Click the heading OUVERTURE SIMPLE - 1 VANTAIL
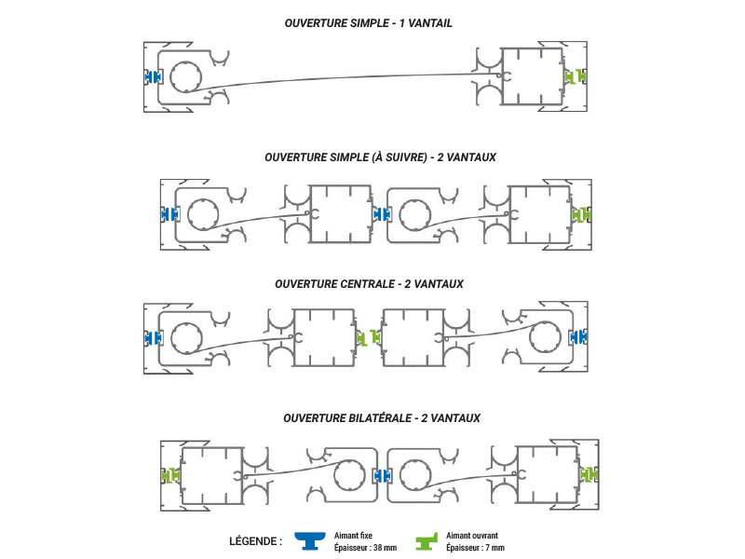(x=368, y=23)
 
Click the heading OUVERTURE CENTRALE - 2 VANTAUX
(x=369, y=284)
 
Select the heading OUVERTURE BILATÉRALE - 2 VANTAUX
(x=382, y=418)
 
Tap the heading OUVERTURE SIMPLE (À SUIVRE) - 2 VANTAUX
(x=380, y=157)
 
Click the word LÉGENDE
(x=252, y=541)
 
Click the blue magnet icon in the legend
(x=310, y=540)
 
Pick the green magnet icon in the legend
(x=427, y=541)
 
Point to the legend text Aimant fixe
(x=353, y=536)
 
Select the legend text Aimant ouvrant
(x=472, y=536)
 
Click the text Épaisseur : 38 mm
(x=365, y=548)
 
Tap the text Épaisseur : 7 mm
(x=475, y=548)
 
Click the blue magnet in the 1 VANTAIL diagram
(x=153, y=76)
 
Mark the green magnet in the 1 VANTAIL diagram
(x=576, y=76)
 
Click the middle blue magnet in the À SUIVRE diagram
(x=381, y=215)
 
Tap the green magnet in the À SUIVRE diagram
(x=580, y=215)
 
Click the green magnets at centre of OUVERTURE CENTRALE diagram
(x=369, y=337)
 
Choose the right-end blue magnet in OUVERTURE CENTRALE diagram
(x=578, y=337)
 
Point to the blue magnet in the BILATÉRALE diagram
(x=382, y=475)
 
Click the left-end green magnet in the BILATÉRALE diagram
(x=170, y=475)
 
